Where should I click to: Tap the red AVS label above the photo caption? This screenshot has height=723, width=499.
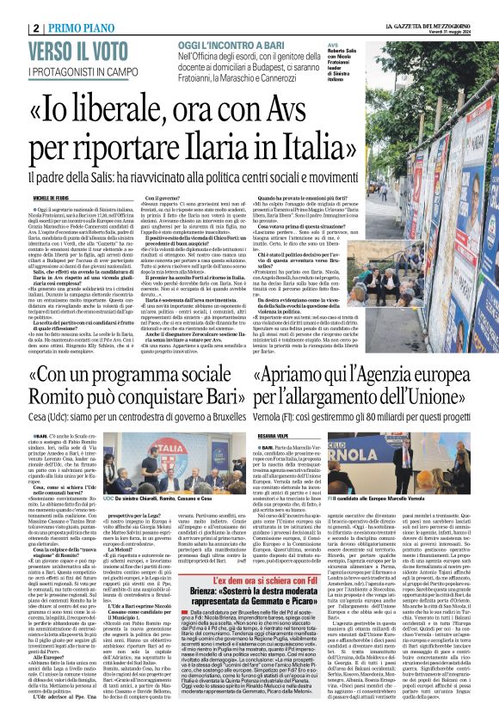(333, 43)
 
